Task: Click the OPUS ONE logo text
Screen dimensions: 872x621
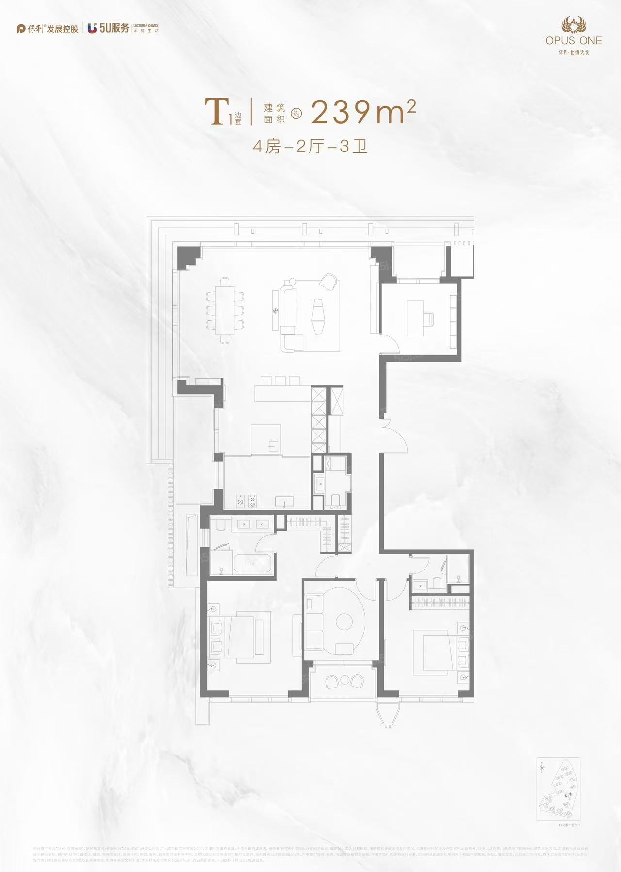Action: point(573,41)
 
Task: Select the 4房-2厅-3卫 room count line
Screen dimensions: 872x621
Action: point(310,146)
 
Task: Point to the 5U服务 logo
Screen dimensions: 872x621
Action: point(109,29)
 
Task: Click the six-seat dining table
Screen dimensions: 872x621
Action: point(225,310)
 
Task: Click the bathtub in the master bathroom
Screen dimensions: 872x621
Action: point(252,564)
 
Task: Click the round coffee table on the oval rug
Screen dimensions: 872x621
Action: point(344,622)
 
